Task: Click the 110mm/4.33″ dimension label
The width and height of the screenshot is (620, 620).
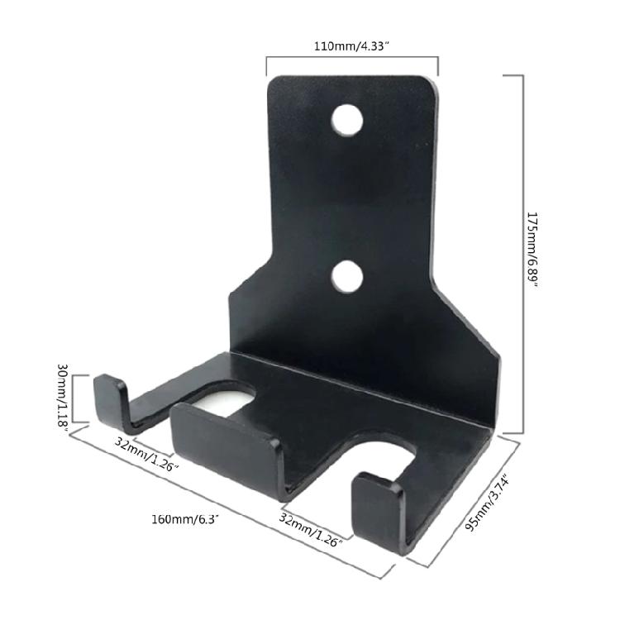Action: click(x=351, y=46)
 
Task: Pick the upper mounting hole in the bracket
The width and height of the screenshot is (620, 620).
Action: click(x=348, y=121)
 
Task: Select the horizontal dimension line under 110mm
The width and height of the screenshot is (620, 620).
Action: click(x=351, y=57)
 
